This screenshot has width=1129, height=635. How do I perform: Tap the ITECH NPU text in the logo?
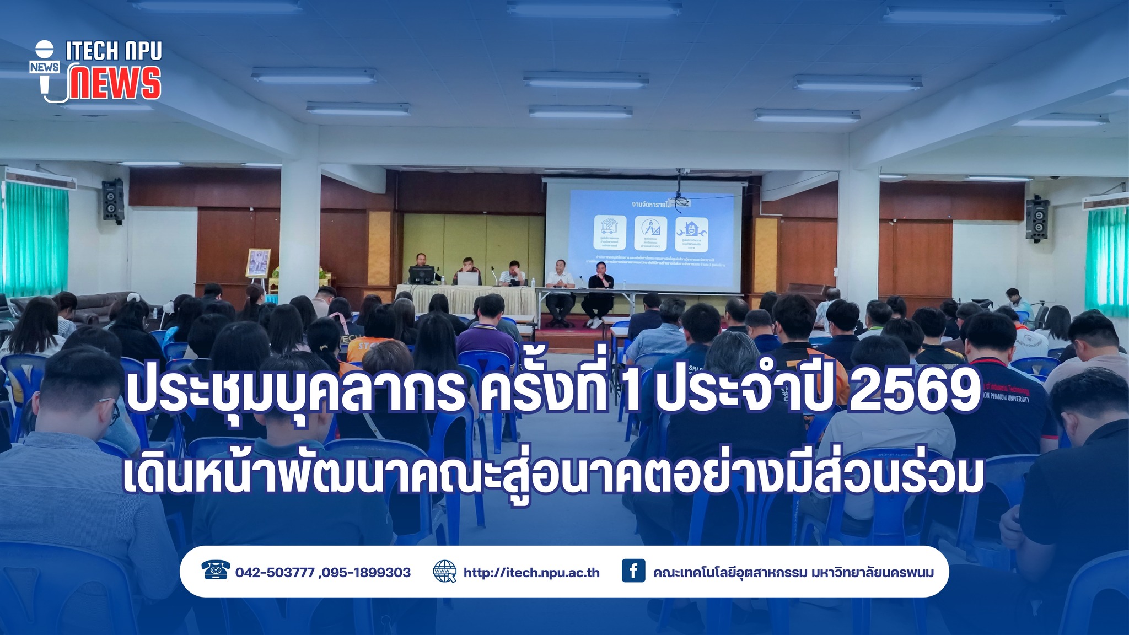[114, 51]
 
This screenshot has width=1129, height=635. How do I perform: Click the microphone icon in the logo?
[45, 67]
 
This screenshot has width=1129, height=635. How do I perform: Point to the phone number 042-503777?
[275, 573]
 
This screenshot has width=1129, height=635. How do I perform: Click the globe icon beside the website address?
[445, 572]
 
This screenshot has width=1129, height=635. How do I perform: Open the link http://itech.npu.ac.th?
[531, 573]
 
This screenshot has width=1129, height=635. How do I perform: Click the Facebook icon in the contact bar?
[633, 571]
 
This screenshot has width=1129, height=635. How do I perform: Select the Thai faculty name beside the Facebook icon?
[793, 573]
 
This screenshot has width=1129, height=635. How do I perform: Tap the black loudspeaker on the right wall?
[1036, 219]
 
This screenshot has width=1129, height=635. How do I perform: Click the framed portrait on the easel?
[258, 262]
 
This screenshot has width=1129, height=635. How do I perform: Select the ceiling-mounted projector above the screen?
[679, 201]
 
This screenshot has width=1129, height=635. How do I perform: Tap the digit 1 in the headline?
[632, 395]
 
